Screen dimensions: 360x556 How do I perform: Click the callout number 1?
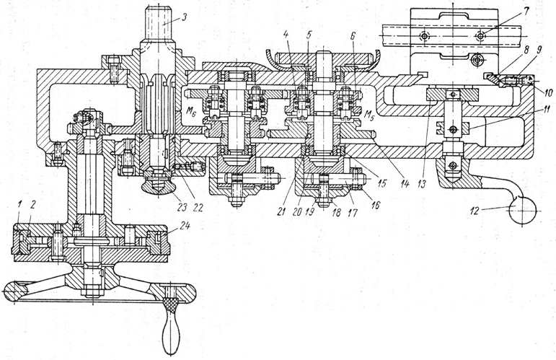[16, 206]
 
